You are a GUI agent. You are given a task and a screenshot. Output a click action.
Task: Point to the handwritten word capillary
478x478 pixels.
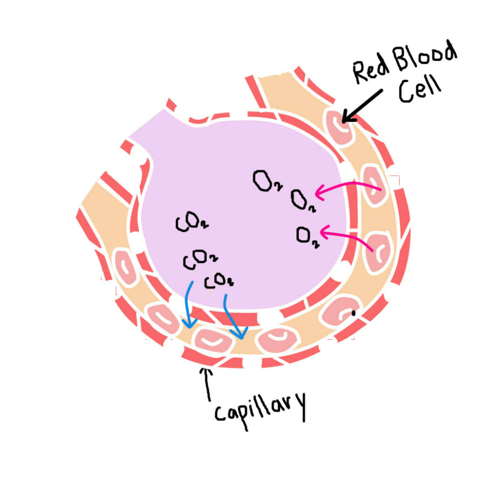(x=260, y=407)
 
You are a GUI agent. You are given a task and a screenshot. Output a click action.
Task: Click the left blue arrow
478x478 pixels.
(x=189, y=306)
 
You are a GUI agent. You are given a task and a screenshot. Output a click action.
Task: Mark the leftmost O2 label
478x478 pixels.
(x=263, y=182)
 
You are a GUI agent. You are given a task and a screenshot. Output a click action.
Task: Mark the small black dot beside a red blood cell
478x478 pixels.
(x=353, y=314)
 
